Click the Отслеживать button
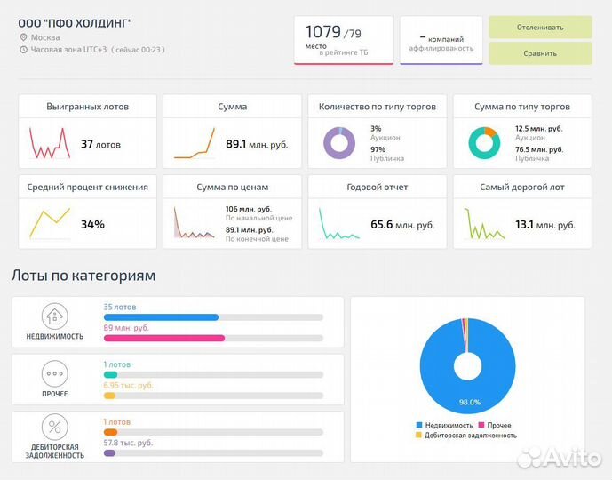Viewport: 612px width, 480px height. pyautogui.click(x=540, y=27)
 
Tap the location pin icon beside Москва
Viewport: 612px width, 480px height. pyautogui.click(x=23, y=37)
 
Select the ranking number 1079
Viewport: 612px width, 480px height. pyautogui.click(x=323, y=32)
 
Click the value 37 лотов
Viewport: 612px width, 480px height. pyautogui.click(x=100, y=144)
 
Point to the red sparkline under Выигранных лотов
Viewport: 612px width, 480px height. pyautogui.click(x=50, y=143)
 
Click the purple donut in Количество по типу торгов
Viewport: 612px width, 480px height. pyautogui.click(x=338, y=143)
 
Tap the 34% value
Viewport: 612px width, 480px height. pyautogui.click(x=92, y=224)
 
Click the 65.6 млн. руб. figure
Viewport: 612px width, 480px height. pyautogui.click(x=402, y=225)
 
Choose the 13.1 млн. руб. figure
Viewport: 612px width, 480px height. pyautogui.click(x=538, y=224)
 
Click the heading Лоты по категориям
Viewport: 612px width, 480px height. pyautogui.click(x=83, y=276)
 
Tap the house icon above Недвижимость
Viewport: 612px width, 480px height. pyautogui.click(x=55, y=316)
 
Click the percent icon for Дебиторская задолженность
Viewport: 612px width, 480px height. pyautogui.click(x=55, y=427)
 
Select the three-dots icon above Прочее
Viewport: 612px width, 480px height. pyautogui.click(x=55, y=373)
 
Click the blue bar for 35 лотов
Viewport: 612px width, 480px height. pyautogui.click(x=161, y=317)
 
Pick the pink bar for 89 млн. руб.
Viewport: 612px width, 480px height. pyautogui.click(x=164, y=338)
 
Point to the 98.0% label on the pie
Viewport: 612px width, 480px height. pyautogui.click(x=469, y=403)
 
